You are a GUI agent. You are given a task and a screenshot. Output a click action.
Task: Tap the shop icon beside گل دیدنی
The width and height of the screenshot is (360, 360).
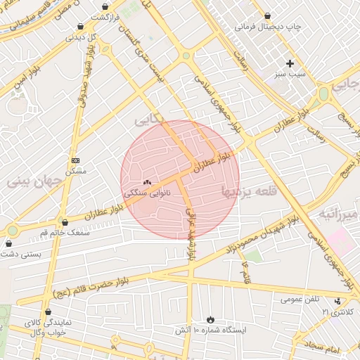coord(81,27)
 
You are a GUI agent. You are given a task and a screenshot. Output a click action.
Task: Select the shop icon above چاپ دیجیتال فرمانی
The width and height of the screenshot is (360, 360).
coord(267,15)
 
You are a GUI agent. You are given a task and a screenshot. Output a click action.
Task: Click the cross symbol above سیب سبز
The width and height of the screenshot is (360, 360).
coord(290,63)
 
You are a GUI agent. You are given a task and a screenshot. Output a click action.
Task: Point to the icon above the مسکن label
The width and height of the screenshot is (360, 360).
coord(75,160)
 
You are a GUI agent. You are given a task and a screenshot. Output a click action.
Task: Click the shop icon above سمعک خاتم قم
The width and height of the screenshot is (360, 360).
coord(64,222)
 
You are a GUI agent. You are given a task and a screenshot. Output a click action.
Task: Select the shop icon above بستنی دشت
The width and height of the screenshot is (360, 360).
coord(8,243)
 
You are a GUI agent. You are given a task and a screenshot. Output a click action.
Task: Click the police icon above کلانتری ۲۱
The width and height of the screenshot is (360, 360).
coord(337,301)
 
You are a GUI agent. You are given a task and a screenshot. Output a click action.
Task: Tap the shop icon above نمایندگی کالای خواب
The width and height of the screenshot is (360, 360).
coord(48,311)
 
